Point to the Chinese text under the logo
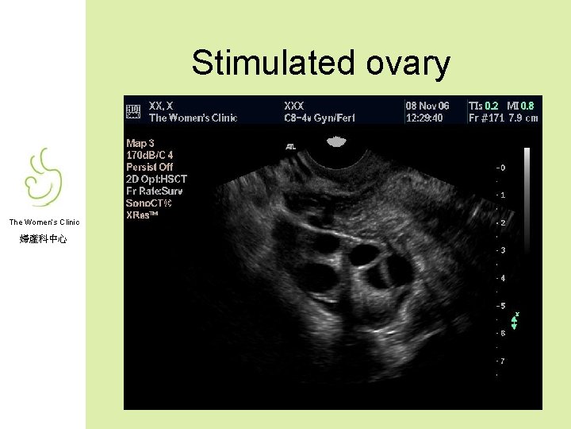click(x=44, y=238)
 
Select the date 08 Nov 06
click(x=427, y=106)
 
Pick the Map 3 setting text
click(x=141, y=143)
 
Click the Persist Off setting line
click(x=149, y=167)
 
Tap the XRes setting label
click(x=142, y=214)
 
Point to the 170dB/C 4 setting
click(x=149, y=155)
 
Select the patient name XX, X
click(x=161, y=106)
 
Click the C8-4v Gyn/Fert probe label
click(x=320, y=118)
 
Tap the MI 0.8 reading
click(x=521, y=106)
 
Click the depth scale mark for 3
click(x=500, y=251)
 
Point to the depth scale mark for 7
click(x=500, y=361)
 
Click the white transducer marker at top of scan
click(x=336, y=142)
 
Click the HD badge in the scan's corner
click(x=133, y=111)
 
